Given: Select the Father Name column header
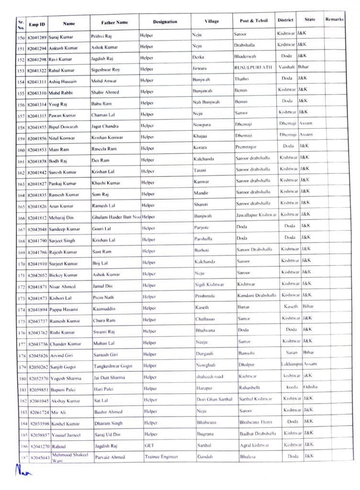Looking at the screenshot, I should point(114,22).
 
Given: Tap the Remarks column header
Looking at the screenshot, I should point(334,20).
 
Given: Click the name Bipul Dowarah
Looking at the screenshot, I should point(63,127).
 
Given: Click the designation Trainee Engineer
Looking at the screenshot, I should point(161,457).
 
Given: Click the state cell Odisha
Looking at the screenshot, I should point(310,387).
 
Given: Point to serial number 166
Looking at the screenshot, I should point(21,218).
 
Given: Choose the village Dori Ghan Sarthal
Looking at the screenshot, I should point(214,399).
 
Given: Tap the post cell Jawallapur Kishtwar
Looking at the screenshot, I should point(256,215).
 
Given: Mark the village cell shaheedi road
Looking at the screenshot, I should point(210,377).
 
